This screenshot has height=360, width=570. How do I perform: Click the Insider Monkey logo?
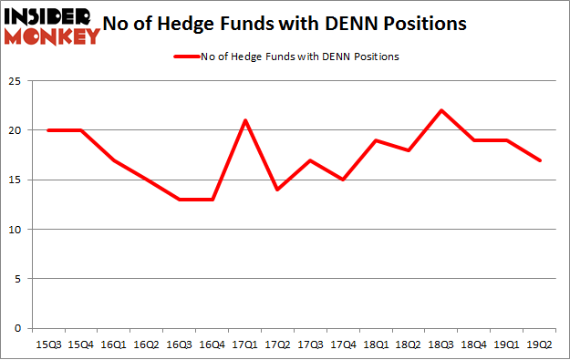pos(52,26)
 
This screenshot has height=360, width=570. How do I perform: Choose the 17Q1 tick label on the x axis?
pos(244,345)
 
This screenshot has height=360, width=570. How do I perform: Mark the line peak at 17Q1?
pos(244,120)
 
